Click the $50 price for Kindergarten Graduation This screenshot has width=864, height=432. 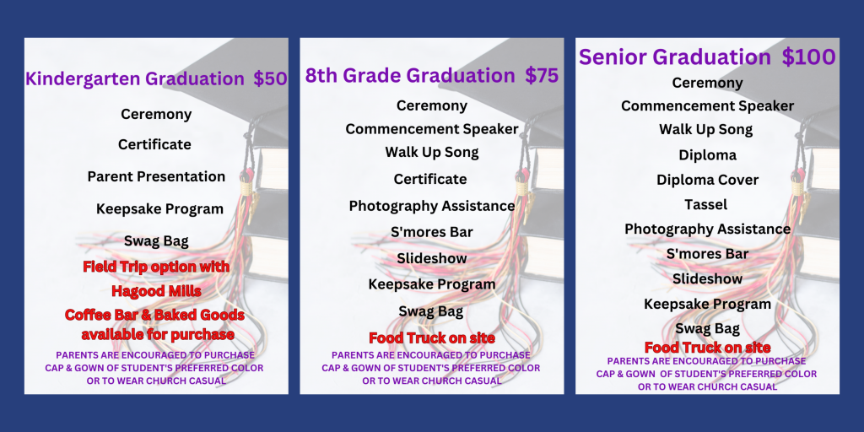click(x=270, y=79)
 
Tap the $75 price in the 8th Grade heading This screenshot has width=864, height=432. click(x=542, y=76)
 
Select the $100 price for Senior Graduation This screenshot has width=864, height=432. click(x=808, y=57)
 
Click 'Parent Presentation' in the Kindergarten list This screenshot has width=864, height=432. click(x=156, y=176)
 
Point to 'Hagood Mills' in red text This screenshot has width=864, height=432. click(x=155, y=291)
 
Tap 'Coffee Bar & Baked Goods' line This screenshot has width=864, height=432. click(x=155, y=315)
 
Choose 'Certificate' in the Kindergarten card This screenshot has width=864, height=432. click(x=154, y=144)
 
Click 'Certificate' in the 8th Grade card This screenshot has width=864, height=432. click(x=430, y=179)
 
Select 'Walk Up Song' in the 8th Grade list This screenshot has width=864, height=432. click(x=432, y=153)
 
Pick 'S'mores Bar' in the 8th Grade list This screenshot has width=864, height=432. click(x=431, y=232)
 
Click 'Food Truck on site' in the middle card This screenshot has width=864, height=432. click(x=432, y=338)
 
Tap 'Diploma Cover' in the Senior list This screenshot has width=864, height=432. click(x=707, y=180)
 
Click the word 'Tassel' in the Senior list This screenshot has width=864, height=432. click(x=707, y=204)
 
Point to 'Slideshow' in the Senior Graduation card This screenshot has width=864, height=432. click(x=707, y=278)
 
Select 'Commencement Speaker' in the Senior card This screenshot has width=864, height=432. click(x=707, y=106)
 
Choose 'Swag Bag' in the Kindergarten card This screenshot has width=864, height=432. click(x=156, y=241)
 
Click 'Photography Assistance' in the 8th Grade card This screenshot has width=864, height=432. click(x=431, y=206)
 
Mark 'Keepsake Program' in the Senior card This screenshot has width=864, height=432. click(x=707, y=304)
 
